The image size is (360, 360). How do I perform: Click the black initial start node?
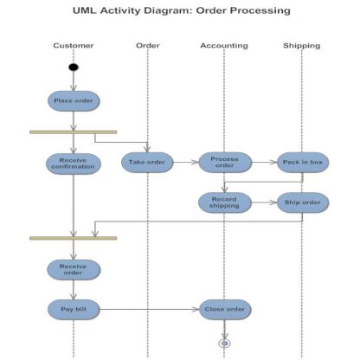coord(74,67)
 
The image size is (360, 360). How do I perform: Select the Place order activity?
coord(74,100)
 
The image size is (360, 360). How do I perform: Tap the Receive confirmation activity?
coord(73,162)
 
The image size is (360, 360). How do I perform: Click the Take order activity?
coord(147,162)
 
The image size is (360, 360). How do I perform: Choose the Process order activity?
coord(224,162)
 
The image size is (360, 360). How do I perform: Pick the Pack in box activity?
coord(302,162)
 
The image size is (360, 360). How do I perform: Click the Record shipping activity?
coord(224,202)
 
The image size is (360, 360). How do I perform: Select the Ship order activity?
coord(302,202)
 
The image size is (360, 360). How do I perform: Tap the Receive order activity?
coord(73,270)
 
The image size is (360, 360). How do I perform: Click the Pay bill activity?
coord(73,308)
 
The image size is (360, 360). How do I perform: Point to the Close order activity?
coord(224,308)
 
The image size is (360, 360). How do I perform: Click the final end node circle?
coord(224,343)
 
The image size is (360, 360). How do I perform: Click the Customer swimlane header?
coord(74,45)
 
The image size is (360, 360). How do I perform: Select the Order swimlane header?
coord(148,45)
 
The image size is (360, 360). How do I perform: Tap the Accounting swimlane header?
coord(224,45)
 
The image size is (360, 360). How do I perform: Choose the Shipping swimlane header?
coord(301,45)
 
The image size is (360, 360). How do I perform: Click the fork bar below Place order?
coord(73,132)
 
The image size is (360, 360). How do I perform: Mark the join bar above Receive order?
coord(73,237)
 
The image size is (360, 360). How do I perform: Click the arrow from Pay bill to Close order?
coord(147,308)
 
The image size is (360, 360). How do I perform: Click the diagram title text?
coord(180,11)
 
